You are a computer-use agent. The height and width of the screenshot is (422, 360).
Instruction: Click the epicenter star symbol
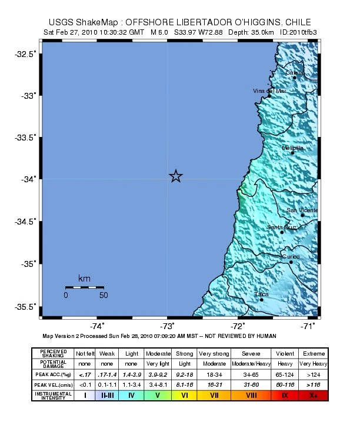pos(176,176)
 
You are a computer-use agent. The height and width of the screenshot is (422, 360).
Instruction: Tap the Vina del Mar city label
pos(269,91)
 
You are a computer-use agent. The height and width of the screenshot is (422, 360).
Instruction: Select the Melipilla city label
pos(292,148)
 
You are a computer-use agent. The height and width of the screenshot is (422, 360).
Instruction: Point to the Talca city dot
pos(262,300)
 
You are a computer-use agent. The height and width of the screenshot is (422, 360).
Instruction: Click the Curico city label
pos(291,256)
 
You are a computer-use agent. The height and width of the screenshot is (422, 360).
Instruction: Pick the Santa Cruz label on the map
pos(281,227)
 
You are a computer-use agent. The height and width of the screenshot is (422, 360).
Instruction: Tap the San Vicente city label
pos(302,210)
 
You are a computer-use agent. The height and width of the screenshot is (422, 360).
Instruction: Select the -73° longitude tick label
pos(167,326)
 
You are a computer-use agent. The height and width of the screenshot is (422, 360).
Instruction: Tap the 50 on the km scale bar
pos(104,295)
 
